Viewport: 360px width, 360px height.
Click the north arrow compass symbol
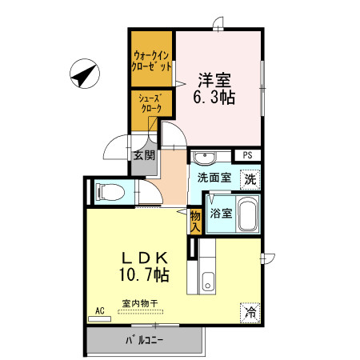[85, 74]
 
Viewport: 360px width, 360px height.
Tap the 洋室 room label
[214, 80]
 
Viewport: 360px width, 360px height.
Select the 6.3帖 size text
[214, 97]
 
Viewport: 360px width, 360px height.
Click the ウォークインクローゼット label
[151, 61]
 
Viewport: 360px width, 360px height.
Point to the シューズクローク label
[151, 103]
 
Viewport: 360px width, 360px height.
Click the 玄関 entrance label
[144, 155]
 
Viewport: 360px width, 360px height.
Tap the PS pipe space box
[247, 155]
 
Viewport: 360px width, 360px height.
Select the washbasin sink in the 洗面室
[204, 158]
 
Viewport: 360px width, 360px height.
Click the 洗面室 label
[214, 178]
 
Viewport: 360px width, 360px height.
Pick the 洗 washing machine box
[250, 179]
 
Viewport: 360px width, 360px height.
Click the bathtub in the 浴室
[248, 214]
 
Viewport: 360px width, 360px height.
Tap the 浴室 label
[221, 214]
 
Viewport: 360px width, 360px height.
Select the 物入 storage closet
[195, 222]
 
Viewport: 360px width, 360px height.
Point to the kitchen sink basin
[208, 282]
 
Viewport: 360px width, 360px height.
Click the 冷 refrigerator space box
[250, 313]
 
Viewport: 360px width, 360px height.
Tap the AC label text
[100, 311]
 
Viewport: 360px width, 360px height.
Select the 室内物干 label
[140, 303]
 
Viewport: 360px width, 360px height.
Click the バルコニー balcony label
[144, 341]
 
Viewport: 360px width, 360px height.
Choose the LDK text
[144, 258]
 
